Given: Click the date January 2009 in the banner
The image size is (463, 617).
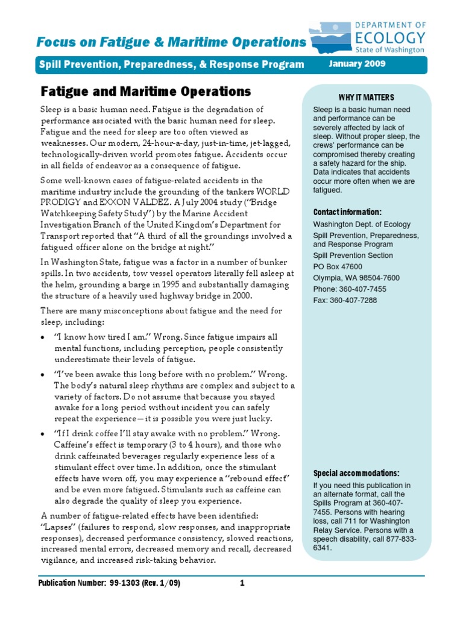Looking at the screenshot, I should pyautogui.click(x=356, y=64).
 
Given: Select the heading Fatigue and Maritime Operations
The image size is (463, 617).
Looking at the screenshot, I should pyautogui.click(x=145, y=92).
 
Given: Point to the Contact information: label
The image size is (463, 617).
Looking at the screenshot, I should pyautogui.click(x=347, y=212).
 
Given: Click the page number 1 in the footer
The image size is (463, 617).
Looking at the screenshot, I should pyautogui.click(x=242, y=583).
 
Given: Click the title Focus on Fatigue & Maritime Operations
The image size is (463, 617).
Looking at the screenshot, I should pyautogui.click(x=171, y=42).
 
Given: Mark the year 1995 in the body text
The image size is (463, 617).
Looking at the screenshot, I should pyautogui.click(x=162, y=284).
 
